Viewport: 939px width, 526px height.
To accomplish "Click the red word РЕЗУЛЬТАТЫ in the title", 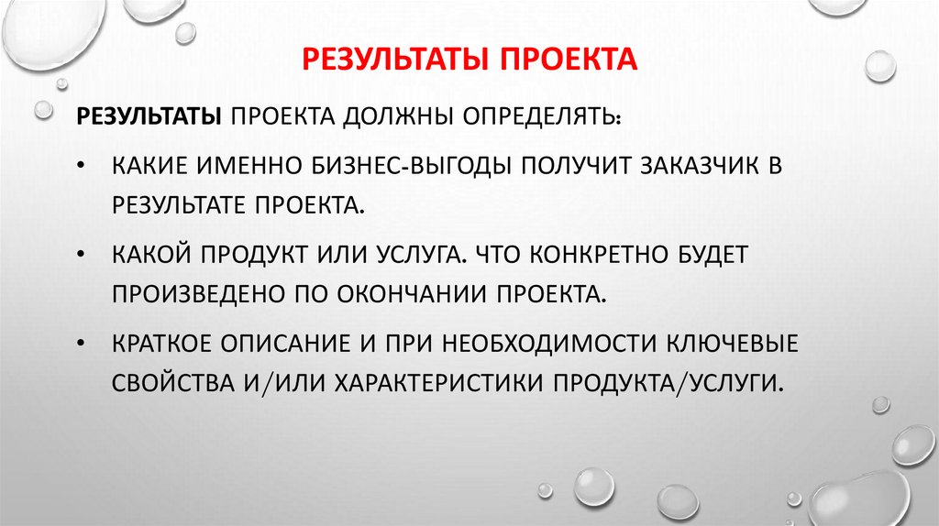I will (x=393, y=60).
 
